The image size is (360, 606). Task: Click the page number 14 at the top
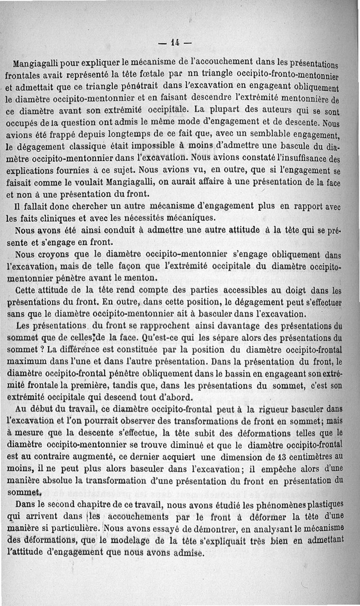(x=175, y=43)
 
